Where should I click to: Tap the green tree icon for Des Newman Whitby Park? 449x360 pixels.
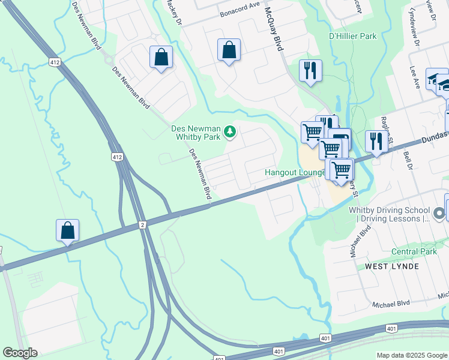(229, 131)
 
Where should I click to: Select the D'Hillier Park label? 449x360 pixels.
(353, 37)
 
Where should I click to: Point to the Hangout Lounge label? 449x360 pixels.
(295, 173)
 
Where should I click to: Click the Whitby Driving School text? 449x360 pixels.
(390, 214)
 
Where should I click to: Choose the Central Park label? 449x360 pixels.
(414, 251)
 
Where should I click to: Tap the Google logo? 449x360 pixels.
(20, 353)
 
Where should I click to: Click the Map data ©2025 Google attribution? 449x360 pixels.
(412, 355)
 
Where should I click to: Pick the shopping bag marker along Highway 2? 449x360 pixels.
(68, 231)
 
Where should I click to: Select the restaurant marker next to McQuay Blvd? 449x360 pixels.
(310, 71)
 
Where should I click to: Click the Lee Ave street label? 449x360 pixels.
(414, 77)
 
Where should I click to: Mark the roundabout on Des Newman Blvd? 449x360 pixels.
(109, 59)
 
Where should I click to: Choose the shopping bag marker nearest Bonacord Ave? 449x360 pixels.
(229, 51)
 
